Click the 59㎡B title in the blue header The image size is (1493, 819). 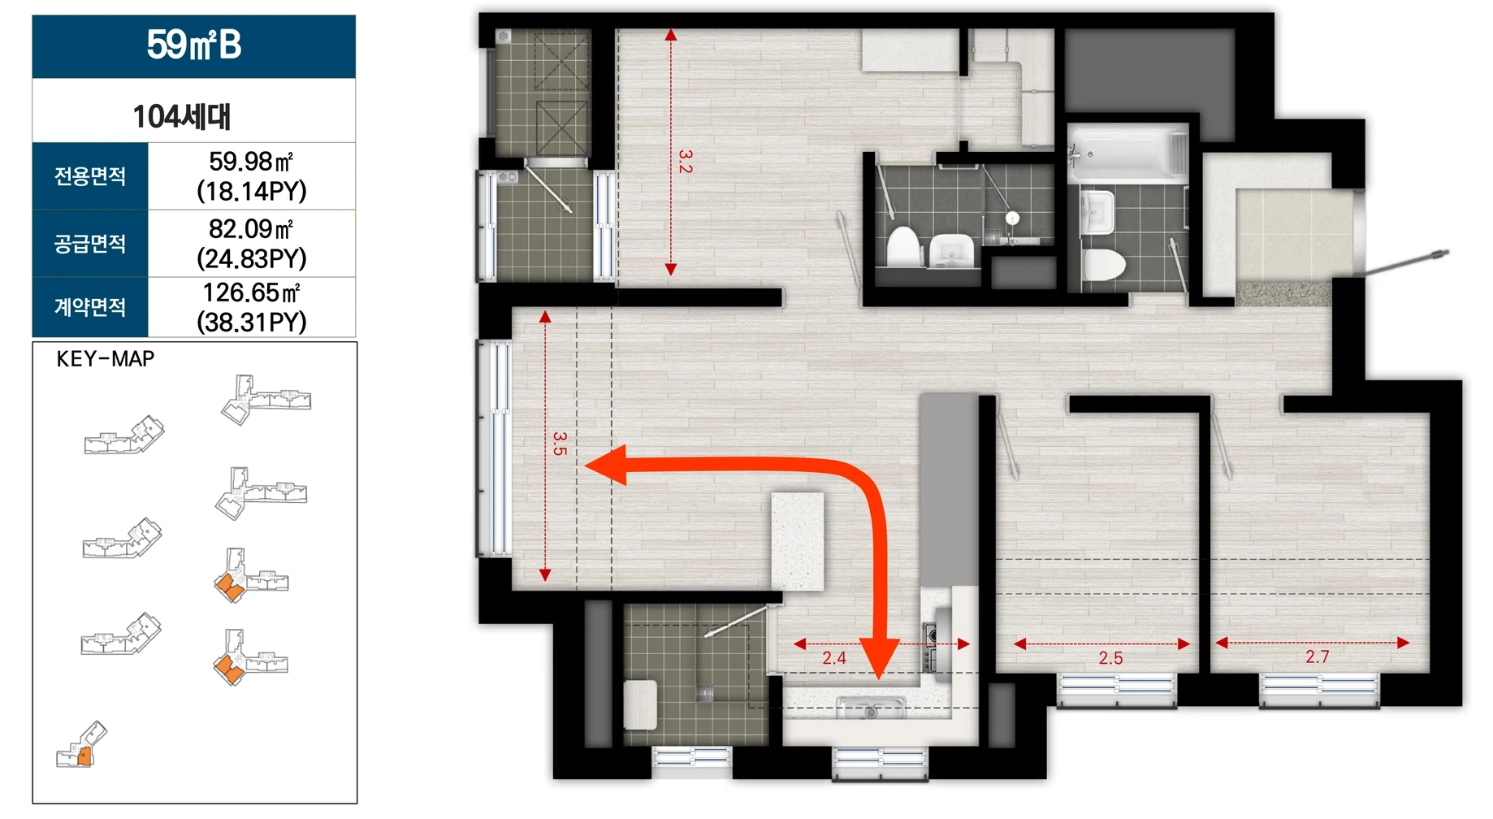(194, 45)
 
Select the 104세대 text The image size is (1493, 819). (182, 116)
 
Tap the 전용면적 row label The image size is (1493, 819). (90, 175)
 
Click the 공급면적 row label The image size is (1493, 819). (90, 243)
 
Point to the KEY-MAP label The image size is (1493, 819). (106, 359)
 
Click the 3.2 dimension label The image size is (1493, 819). (686, 161)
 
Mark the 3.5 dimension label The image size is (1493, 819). (560, 444)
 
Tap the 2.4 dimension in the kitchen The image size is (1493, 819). (834, 658)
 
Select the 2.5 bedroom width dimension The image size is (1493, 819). (1110, 658)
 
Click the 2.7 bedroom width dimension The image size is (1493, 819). (1317, 656)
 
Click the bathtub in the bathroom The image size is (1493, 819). (1127, 154)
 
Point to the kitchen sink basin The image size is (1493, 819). (870, 708)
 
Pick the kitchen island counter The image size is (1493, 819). (798, 541)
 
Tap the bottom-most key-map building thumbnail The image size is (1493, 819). (81, 745)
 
